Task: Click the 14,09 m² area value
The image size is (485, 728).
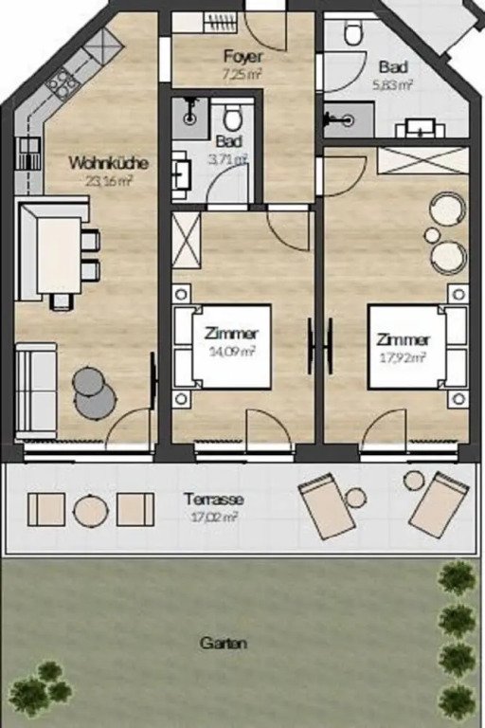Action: tap(231, 350)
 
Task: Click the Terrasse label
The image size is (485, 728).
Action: tap(209, 500)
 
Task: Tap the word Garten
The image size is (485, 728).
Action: tap(224, 643)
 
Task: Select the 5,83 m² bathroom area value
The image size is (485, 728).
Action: tap(394, 84)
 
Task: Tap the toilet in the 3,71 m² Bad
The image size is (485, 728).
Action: tap(231, 118)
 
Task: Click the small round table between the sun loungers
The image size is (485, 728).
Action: tap(355, 497)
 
